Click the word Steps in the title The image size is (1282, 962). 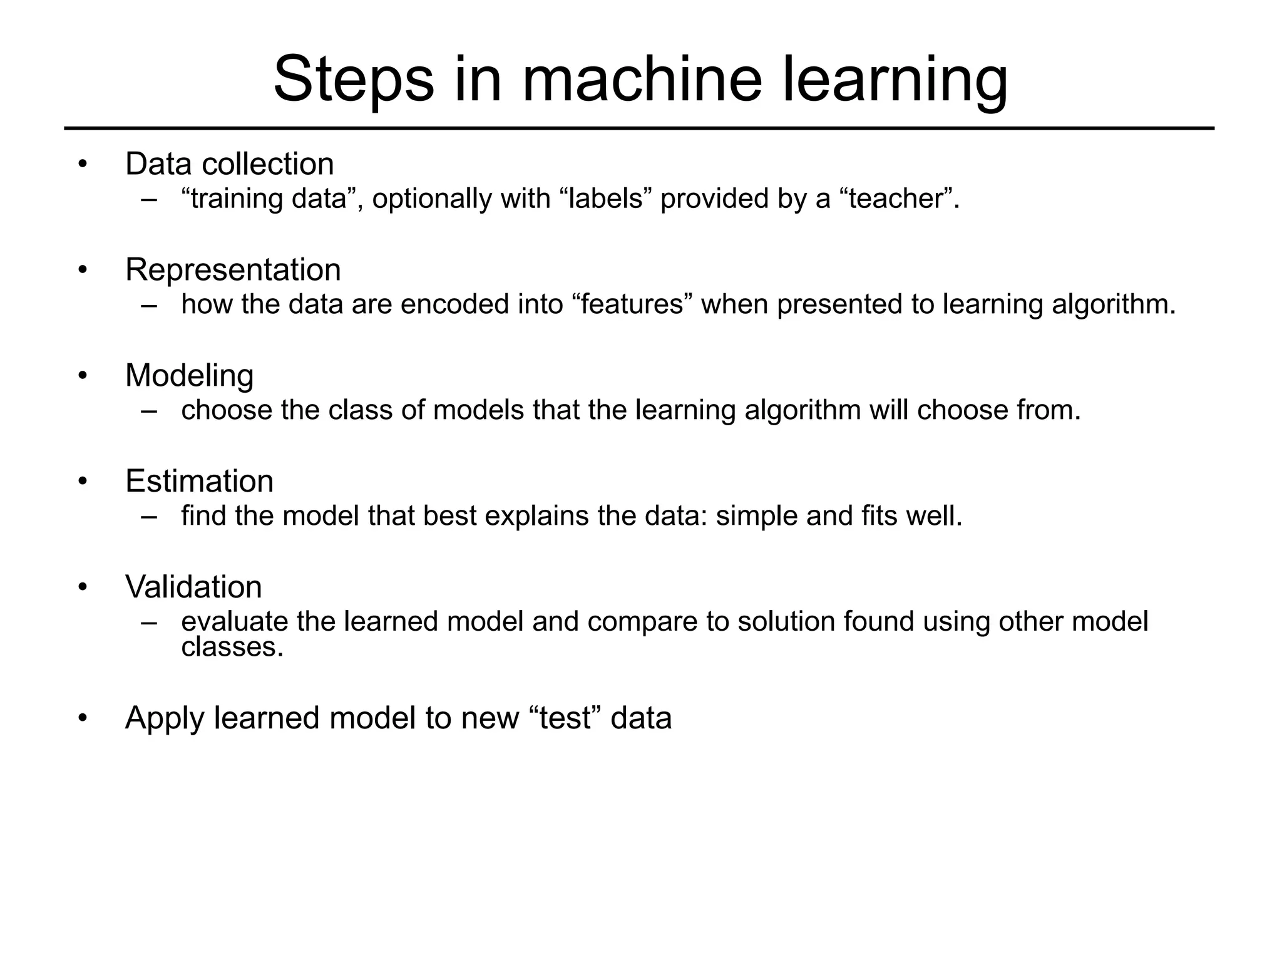coord(354,80)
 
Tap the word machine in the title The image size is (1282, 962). coord(642,80)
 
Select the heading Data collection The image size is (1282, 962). coord(229,164)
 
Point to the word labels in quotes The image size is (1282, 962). coord(605,199)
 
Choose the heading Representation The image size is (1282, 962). coord(233,270)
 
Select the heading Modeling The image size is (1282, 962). coord(189,376)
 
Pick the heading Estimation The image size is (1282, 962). coord(199,482)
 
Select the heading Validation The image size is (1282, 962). coord(193,587)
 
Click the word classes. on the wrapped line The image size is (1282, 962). coord(232,648)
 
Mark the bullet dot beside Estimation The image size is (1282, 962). coord(83,482)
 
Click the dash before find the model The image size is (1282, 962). coord(149,517)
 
